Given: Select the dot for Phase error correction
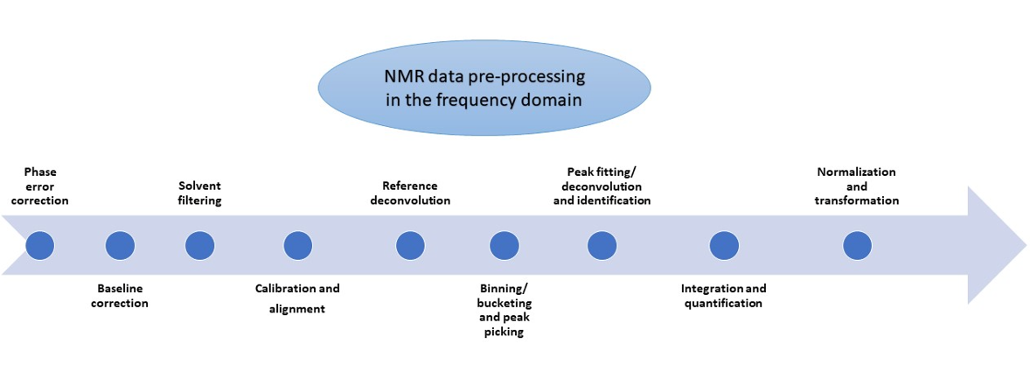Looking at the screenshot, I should click(40, 246).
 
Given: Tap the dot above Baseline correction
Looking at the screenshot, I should click(120, 246).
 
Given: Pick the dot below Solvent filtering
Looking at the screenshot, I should click(200, 246).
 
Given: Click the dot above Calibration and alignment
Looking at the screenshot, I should click(298, 246).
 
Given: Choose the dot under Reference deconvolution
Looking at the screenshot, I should click(410, 246).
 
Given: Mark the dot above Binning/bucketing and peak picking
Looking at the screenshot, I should click(504, 246).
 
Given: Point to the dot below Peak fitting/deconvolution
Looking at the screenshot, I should click(602, 246).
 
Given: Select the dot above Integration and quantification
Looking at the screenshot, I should click(722, 246).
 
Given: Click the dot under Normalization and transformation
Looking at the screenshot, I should click(857, 246).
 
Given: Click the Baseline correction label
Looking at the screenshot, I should click(120, 296).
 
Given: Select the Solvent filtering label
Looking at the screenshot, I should click(200, 193).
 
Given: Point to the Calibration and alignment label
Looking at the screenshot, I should click(297, 298).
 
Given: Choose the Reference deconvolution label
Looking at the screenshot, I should click(410, 193).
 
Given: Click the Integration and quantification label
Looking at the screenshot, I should click(723, 296).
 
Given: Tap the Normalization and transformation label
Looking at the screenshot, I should click(856, 186).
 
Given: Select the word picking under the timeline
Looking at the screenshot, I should click(504, 332).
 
